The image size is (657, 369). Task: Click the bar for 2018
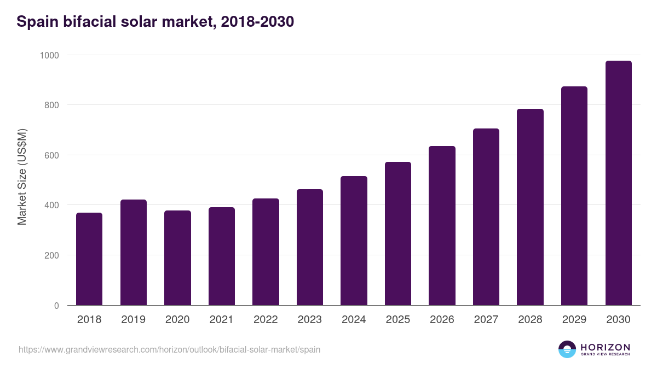[89, 259]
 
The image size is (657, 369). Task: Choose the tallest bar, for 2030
[618, 183]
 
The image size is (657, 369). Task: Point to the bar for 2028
[530, 207]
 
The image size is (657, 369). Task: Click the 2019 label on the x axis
[133, 320]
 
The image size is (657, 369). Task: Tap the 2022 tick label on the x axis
[266, 320]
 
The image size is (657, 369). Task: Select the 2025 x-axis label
[397, 320]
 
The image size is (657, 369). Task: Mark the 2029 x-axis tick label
[574, 320]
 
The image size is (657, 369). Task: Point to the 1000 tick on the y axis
[49, 55]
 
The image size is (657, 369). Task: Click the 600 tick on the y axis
[51, 155]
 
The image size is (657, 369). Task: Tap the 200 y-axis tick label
[51, 255]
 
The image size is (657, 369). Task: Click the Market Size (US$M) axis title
[22, 177]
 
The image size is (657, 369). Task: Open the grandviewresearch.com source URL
[169, 349]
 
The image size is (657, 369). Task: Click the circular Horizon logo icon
[567, 349]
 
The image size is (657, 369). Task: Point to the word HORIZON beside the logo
[605, 347]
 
